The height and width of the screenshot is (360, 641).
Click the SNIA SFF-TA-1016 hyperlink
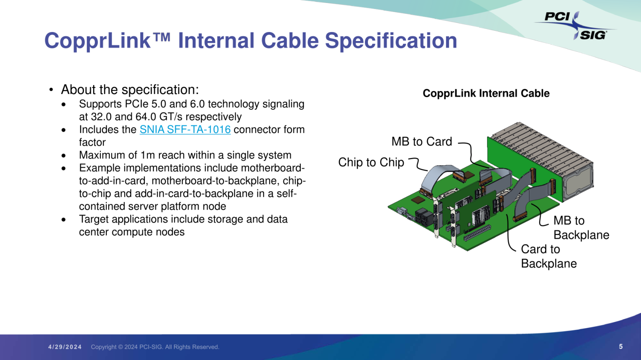pyautogui.click(x=185, y=129)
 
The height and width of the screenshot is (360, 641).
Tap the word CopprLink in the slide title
pyautogui.click(x=97, y=41)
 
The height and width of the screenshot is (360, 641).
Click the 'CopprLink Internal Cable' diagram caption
pyautogui.click(x=486, y=94)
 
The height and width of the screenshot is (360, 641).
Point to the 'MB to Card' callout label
pyautogui.click(x=421, y=142)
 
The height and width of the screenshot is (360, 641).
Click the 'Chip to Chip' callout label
pyautogui.click(x=371, y=163)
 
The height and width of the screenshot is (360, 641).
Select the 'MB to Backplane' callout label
pyautogui.click(x=581, y=228)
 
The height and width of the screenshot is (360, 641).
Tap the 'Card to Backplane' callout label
pyautogui.click(x=548, y=256)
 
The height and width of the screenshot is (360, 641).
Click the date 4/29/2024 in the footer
pyautogui.click(x=65, y=347)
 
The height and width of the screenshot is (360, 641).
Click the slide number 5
pyautogui.click(x=620, y=347)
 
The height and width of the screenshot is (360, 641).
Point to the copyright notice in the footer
pyautogui.click(x=155, y=347)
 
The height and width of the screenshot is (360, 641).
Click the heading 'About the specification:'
pyautogui.click(x=130, y=90)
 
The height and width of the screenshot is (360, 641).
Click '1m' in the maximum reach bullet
pyautogui.click(x=147, y=155)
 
